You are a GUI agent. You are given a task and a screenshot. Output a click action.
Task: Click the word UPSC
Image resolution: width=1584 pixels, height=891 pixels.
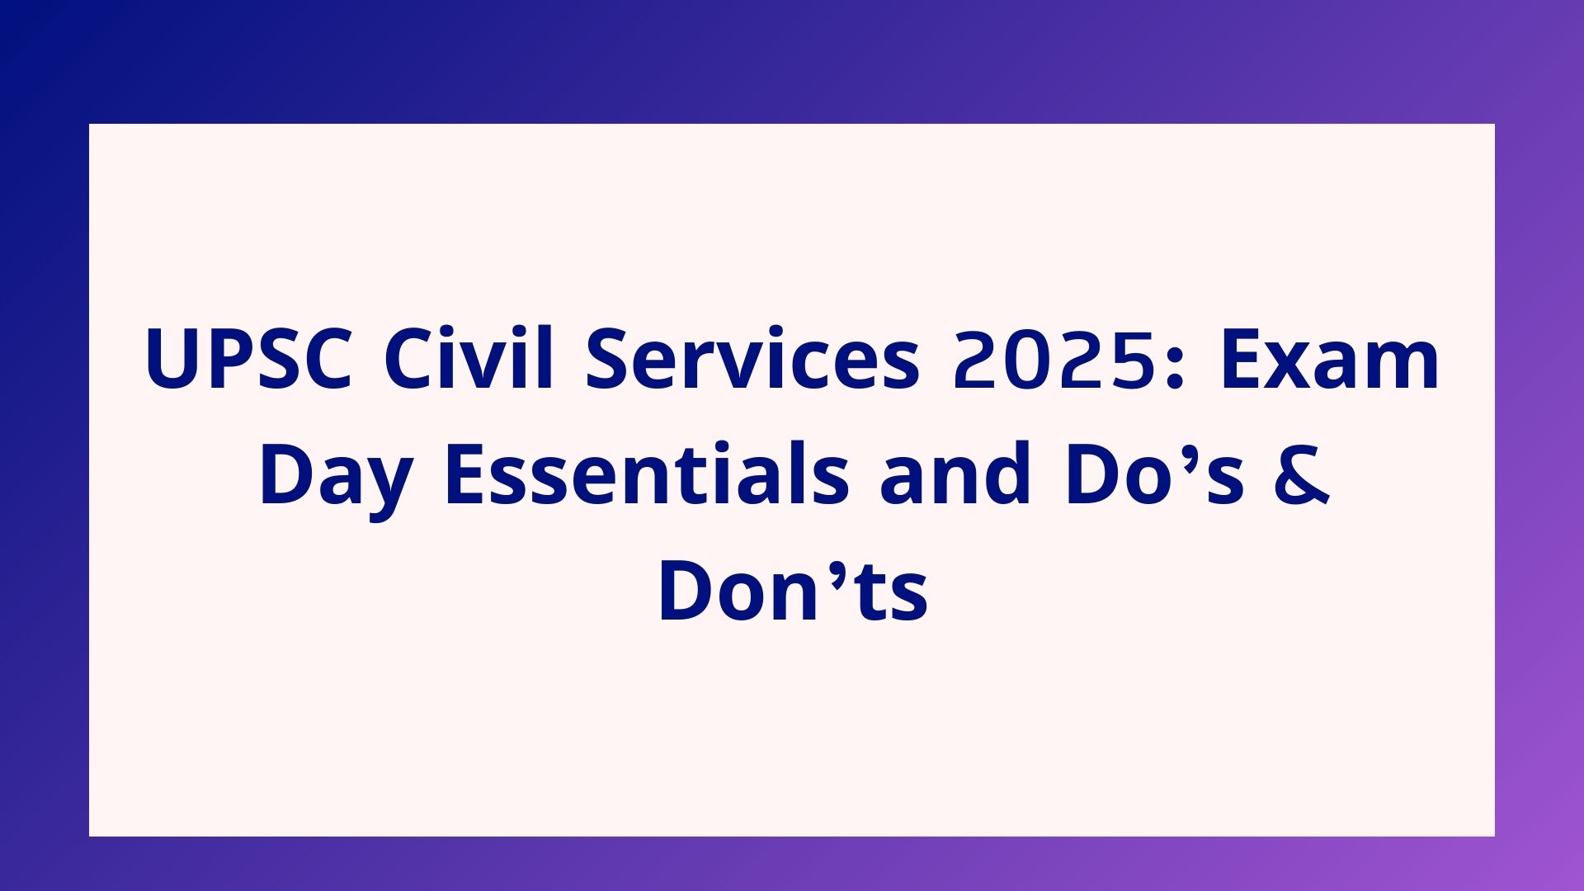click(249, 359)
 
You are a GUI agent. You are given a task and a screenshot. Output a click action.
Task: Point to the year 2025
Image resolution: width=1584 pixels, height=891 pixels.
click(1053, 359)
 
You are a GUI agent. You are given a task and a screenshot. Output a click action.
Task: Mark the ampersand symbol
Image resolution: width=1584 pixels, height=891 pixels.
click(1303, 475)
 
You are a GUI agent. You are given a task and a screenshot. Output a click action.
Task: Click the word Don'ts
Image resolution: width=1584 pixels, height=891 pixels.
click(793, 591)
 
